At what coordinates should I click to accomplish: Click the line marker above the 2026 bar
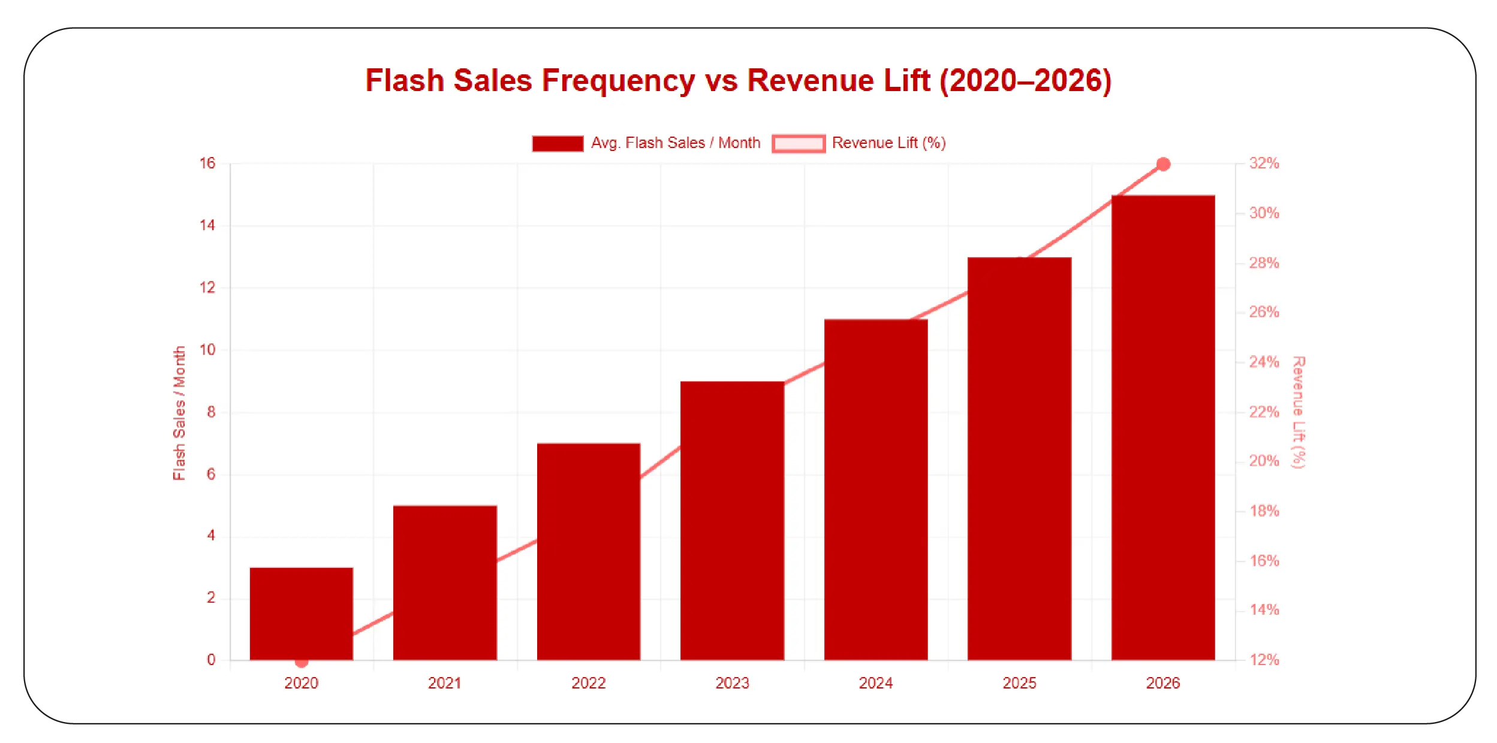(1163, 164)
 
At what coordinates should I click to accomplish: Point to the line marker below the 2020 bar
(302, 662)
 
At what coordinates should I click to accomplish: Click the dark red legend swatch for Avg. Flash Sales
(558, 143)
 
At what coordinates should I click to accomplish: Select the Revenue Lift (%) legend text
(888, 143)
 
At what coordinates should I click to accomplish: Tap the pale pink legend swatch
(798, 143)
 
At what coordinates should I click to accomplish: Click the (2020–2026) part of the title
(1025, 80)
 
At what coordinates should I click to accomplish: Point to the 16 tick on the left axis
(207, 163)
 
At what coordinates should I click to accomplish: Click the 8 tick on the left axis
(211, 412)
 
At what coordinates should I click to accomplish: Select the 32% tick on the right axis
(1264, 163)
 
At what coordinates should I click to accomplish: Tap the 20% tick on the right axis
(1264, 461)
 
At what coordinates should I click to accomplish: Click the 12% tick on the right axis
(1264, 660)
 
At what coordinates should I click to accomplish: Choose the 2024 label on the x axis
(875, 683)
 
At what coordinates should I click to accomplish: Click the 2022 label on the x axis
(588, 683)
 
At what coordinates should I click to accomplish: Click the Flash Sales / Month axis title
(179, 413)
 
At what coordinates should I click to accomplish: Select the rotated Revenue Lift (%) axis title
(1298, 412)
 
